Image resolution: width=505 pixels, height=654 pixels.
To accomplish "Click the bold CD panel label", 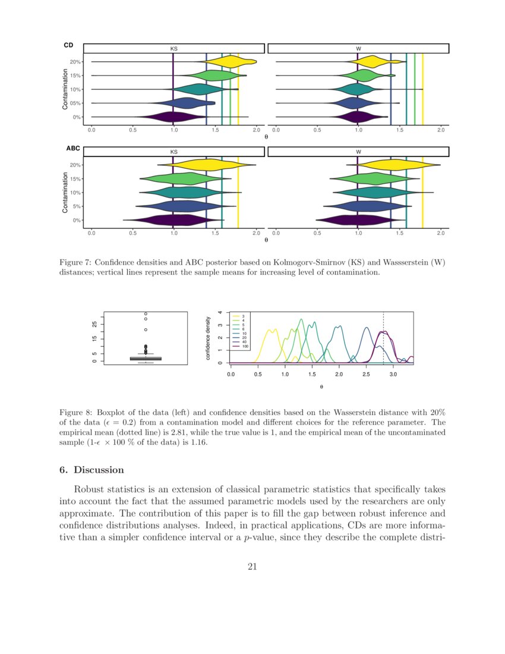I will (68, 45).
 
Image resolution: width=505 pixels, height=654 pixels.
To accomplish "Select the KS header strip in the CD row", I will (173, 48).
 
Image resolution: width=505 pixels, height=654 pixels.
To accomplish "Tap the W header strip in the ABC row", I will (358, 152).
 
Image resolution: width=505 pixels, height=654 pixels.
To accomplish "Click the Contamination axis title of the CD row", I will (65, 89).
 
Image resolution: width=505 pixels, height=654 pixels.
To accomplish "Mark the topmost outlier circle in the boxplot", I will (146, 314).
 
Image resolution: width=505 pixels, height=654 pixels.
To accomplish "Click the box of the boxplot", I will (146, 359).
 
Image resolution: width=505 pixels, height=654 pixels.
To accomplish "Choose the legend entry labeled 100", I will (245, 346).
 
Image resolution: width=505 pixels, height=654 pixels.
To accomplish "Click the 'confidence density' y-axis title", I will (209, 338).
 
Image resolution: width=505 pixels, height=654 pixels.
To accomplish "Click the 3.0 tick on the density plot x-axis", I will (393, 375).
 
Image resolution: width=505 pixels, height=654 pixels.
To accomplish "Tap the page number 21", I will (252, 566).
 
